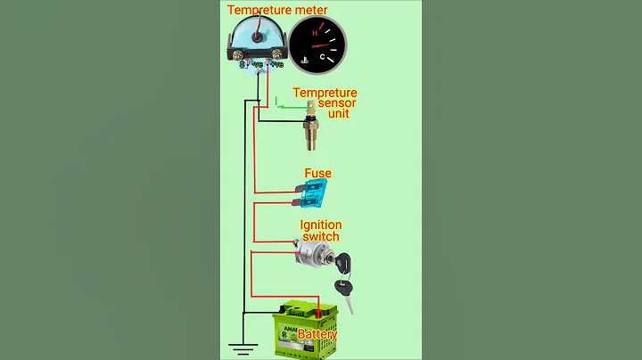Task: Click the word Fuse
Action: [x=318, y=173]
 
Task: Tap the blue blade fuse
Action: [x=315, y=190]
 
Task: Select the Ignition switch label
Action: [x=320, y=231]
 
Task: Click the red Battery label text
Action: [x=317, y=334]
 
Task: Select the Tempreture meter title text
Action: [x=277, y=11]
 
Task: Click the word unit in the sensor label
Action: [x=340, y=114]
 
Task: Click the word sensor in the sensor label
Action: [x=337, y=103]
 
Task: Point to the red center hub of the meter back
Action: [x=258, y=37]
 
